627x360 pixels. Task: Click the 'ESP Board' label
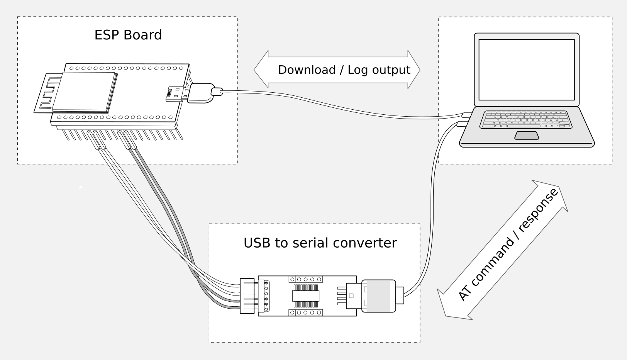[x=128, y=35]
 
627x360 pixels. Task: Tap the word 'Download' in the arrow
[x=307, y=70]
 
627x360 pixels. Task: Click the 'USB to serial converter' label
[x=320, y=243]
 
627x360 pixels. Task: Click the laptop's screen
[x=527, y=70]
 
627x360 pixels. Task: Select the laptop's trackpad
[x=527, y=135]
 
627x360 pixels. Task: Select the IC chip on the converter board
[x=305, y=296]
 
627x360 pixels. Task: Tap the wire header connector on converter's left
[x=247, y=296]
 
